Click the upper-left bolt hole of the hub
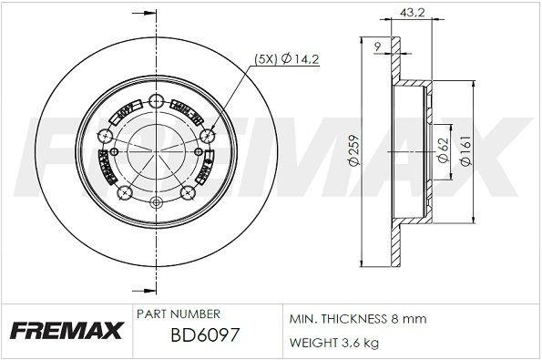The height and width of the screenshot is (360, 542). [x=107, y=135]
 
